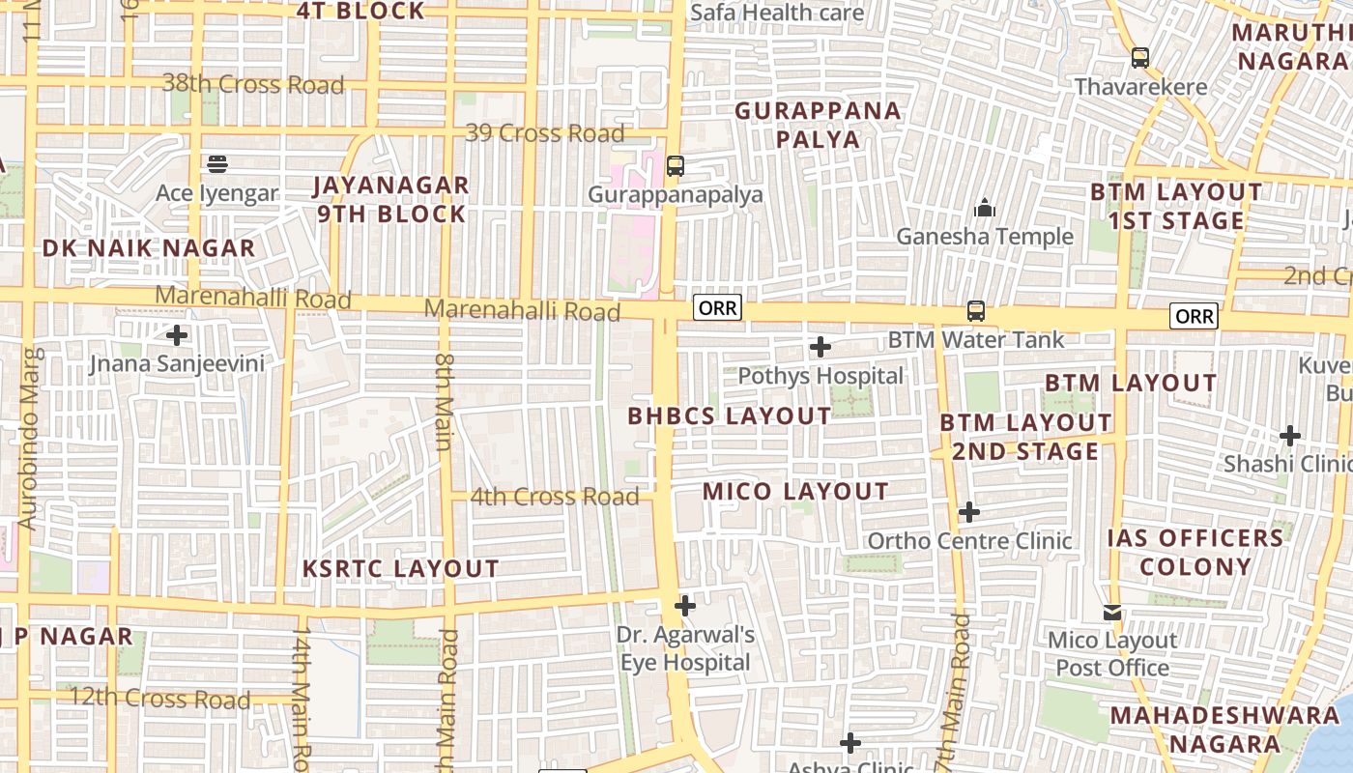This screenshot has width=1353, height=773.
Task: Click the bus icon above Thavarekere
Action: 1140,58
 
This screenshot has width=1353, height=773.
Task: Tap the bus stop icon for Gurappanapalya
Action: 676,166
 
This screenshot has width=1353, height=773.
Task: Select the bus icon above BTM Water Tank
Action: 976,311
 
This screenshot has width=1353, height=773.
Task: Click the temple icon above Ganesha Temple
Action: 984,208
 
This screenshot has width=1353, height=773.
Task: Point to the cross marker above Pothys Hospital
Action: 820,346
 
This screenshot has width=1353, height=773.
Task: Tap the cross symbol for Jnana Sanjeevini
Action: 177,336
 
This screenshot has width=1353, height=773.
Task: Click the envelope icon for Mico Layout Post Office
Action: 1112,613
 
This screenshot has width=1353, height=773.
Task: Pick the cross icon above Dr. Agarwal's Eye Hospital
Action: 685,606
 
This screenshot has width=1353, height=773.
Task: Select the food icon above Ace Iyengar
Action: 217,163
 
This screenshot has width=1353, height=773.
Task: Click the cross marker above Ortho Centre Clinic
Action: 969,512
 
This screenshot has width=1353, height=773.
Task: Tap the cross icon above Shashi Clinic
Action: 1290,436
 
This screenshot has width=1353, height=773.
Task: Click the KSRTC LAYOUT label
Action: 401,568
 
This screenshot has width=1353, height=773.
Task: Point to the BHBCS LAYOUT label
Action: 730,416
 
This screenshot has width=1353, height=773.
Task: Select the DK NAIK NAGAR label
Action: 149,248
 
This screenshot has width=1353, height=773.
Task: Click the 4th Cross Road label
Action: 555,497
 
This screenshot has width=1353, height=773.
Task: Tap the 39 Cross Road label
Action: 545,133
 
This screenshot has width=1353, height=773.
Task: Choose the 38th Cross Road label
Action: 253,84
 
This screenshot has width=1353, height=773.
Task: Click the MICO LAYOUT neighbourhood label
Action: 795,492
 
